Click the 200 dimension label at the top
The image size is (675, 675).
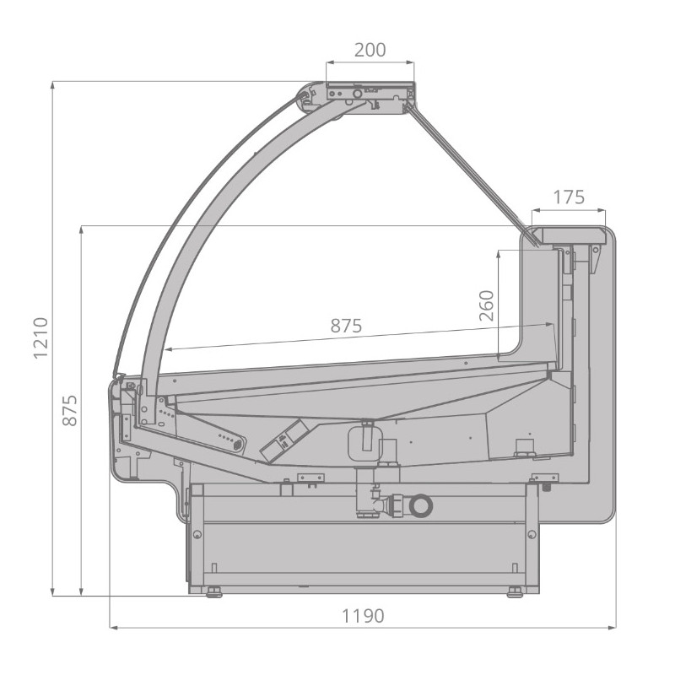point(370,50)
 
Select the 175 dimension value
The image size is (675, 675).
point(568,197)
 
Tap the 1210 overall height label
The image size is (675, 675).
point(40,338)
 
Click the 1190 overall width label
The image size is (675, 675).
point(363,616)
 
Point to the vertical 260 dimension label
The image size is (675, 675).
point(487,305)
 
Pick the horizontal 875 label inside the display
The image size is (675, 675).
point(346,326)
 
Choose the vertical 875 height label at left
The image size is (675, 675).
point(70,410)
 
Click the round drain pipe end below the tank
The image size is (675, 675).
point(420,505)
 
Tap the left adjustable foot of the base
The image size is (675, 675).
point(214,592)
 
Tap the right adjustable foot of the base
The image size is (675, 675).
point(515,592)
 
